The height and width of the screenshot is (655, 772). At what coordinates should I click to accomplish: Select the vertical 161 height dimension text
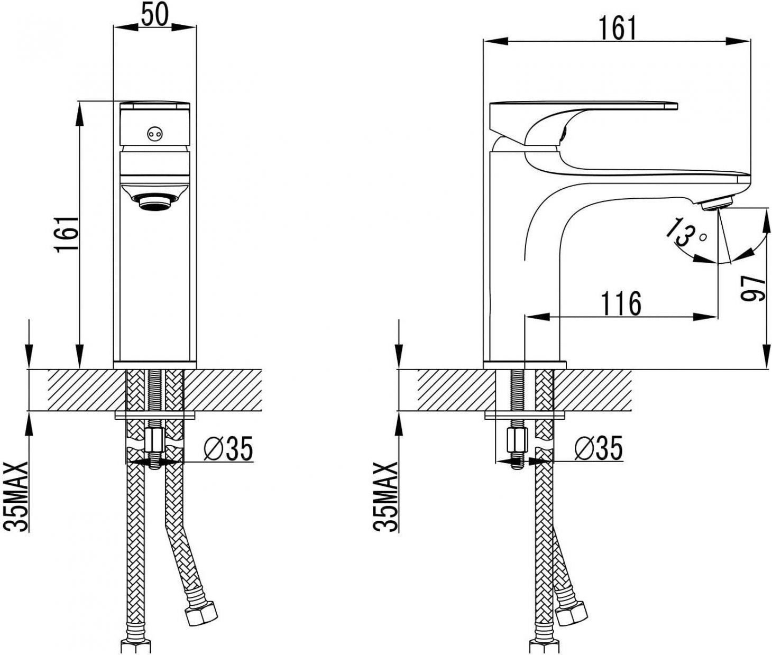point(67,233)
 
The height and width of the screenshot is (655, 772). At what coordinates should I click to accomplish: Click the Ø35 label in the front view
point(228,448)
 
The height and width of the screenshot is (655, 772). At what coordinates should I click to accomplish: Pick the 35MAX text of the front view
point(16,496)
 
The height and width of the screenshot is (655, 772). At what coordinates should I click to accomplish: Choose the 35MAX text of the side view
point(385,496)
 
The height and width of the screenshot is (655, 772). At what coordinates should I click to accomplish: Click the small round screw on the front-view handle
point(155,133)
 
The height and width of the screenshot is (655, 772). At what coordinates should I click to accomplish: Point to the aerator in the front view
point(155,203)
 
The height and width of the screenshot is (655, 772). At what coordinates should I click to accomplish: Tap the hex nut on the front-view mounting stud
point(154,440)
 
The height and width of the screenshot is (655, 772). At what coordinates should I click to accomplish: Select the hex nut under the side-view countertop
point(517,440)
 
